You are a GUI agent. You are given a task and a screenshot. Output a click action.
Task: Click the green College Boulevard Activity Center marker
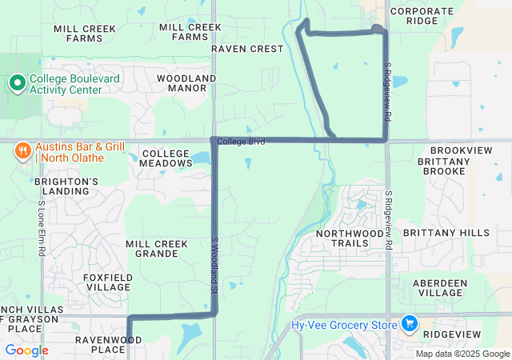click(17, 82)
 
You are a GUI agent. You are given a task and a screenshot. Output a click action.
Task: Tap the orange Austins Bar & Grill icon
click(23, 150)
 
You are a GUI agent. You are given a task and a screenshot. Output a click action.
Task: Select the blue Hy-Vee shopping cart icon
click(410, 323)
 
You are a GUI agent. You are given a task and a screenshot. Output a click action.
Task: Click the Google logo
click(26, 350)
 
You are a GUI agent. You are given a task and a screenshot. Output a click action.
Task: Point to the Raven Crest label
click(247, 49)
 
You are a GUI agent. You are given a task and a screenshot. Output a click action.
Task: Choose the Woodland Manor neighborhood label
click(186, 82)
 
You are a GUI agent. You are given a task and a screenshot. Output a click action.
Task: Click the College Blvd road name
click(240, 141)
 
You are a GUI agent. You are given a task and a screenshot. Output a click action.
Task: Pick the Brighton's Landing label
click(66, 186)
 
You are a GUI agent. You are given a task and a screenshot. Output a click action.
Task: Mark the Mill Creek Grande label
click(157, 248)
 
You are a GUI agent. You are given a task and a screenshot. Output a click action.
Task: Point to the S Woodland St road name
click(214, 267)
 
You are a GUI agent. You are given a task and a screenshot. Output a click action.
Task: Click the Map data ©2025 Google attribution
click(462, 354)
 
